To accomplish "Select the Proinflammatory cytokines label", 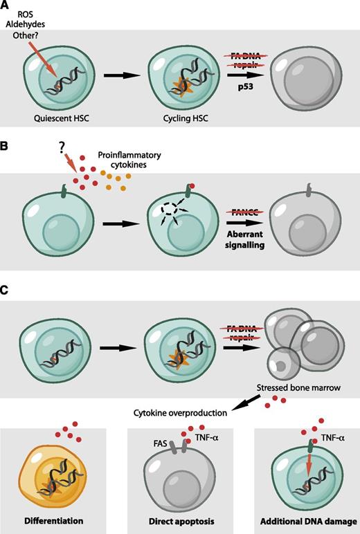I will coord(143,165).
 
